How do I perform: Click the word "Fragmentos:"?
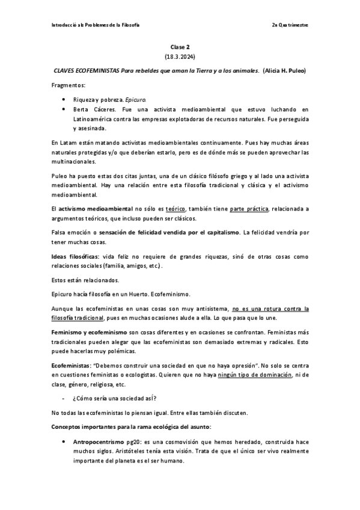tap(69, 85)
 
